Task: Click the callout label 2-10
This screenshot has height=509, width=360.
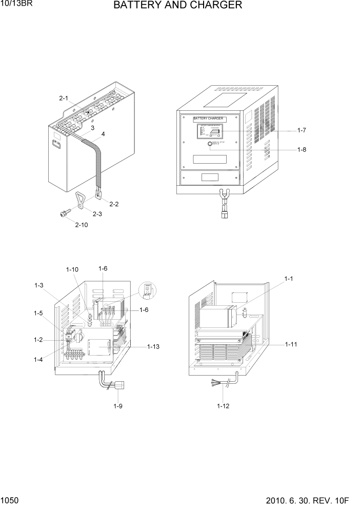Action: [x=81, y=225]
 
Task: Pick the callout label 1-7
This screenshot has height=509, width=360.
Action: [x=302, y=131]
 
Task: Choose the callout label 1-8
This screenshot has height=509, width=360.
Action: [x=302, y=150]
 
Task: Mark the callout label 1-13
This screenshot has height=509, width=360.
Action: [x=154, y=347]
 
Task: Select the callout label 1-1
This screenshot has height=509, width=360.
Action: [x=288, y=279]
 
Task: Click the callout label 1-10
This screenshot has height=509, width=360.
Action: [x=72, y=269]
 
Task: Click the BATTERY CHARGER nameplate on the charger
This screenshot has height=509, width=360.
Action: [x=208, y=119]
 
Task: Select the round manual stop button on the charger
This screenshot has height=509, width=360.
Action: [x=210, y=145]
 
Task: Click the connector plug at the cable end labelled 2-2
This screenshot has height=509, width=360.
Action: [x=98, y=195]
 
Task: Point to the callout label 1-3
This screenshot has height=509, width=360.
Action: [x=39, y=285]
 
